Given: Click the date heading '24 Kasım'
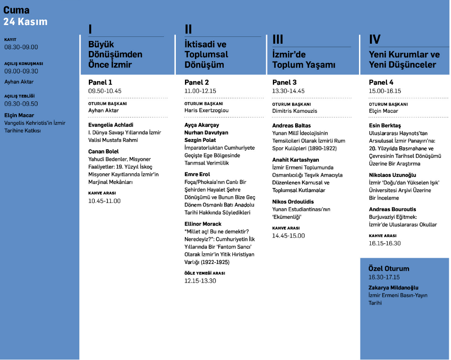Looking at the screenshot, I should [26, 21].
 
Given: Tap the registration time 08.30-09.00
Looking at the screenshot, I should [21, 47].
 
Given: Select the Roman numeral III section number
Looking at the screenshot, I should [278, 40].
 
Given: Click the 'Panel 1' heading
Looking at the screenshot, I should [100, 82].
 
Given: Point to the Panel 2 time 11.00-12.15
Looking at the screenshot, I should [200, 91].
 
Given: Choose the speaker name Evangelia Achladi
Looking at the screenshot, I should [111, 125].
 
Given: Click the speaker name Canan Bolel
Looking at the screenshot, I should [103, 151].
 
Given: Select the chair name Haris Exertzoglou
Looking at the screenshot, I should [206, 111].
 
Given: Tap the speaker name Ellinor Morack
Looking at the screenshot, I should [203, 224].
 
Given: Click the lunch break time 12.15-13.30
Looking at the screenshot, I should [200, 281].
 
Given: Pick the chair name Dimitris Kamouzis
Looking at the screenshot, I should [294, 111].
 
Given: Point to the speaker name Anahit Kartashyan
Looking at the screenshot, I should [296, 160].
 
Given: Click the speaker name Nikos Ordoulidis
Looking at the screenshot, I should [293, 202].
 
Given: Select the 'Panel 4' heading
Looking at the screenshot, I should [381, 82].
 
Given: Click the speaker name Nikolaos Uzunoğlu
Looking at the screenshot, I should [392, 175].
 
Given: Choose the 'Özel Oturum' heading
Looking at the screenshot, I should [389, 269].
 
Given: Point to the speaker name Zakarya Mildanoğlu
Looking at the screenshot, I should [393, 288].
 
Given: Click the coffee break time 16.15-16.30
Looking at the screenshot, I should [384, 243].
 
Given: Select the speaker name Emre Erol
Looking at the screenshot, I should [197, 174].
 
